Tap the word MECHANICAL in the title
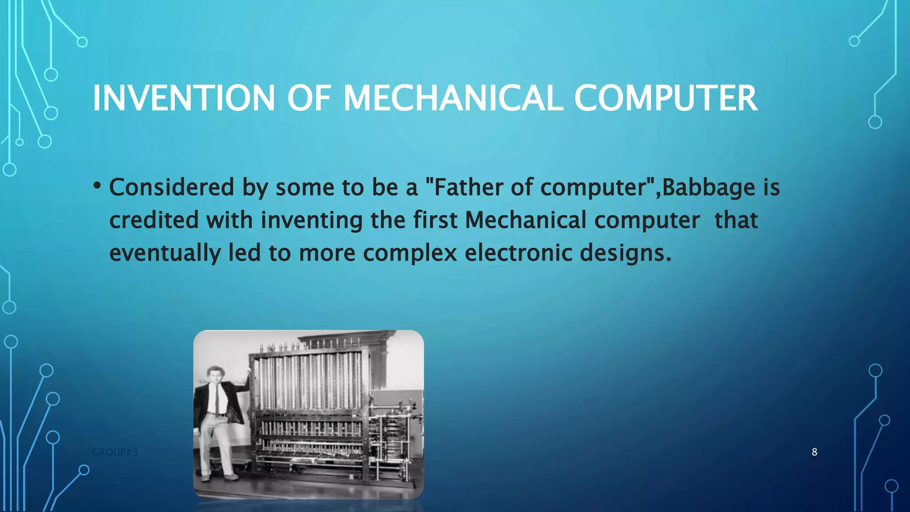453,98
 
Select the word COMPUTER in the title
666,98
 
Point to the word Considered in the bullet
172,187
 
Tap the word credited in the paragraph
154,220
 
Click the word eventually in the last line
165,253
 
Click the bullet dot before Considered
97,185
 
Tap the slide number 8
814,452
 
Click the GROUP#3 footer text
115,452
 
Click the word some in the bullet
304,187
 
